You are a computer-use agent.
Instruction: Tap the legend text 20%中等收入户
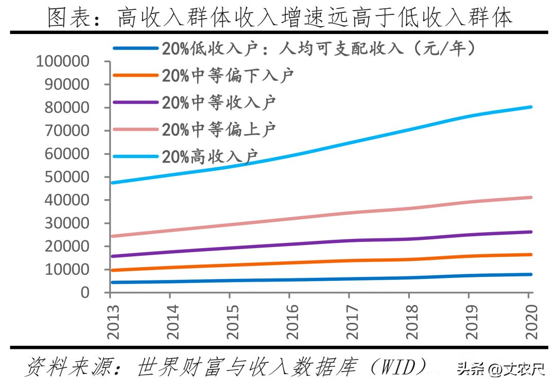(x=219, y=102)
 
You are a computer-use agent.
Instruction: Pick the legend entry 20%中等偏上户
(x=219, y=129)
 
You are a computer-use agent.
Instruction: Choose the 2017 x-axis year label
(x=350, y=321)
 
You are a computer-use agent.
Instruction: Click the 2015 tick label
(x=231, y=321)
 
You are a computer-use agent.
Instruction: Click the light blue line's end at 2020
(x=530, y=107)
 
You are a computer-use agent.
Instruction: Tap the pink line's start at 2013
(x=111, y=236)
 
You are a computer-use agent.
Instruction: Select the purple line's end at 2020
(x=530, y=232)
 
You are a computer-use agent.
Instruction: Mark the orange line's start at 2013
(x=111, y=270)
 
